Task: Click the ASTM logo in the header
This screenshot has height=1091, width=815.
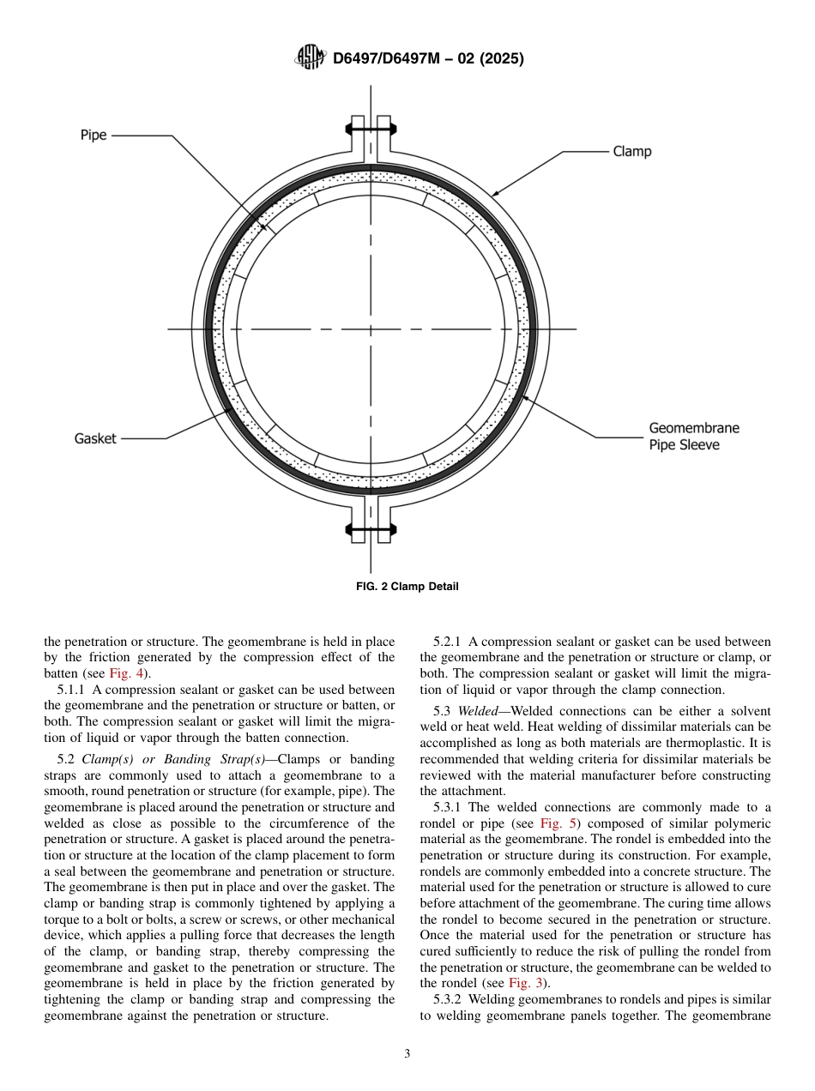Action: (x=310, y=58)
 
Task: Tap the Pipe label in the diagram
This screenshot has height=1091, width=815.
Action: (x=94, y=136)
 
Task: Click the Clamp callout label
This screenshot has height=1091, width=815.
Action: (x=632, y=152)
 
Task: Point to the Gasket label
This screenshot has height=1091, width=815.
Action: (x=95, y=438)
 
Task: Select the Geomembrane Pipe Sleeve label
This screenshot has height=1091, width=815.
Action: (x=693, y=437)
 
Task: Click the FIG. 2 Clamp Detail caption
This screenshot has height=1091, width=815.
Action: (x=407, y=587)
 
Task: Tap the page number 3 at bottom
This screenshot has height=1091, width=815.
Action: (x=407, y=1054)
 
